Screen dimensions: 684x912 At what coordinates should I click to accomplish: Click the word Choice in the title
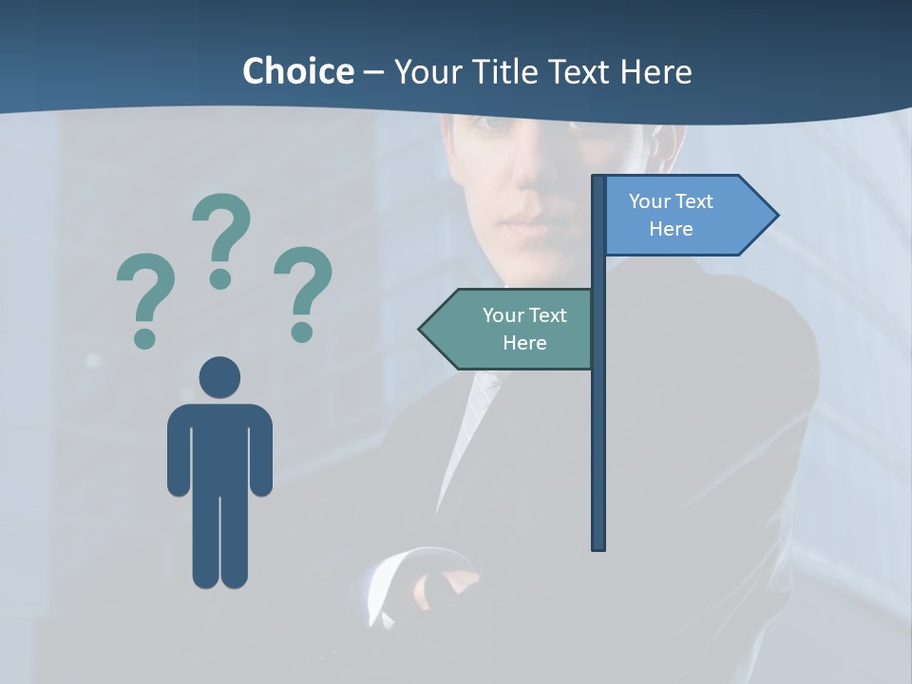(297, 71)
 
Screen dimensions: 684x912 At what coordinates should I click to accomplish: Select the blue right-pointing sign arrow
(684, 216)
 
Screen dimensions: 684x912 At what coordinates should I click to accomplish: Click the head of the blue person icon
(219, 377)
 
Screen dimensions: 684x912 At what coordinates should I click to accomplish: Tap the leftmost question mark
(144, 290)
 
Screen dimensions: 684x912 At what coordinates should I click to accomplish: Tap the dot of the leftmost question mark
(144, 337)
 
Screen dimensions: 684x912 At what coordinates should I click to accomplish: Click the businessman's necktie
(480, 399)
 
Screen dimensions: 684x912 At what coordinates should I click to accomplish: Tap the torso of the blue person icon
(219, 446)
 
